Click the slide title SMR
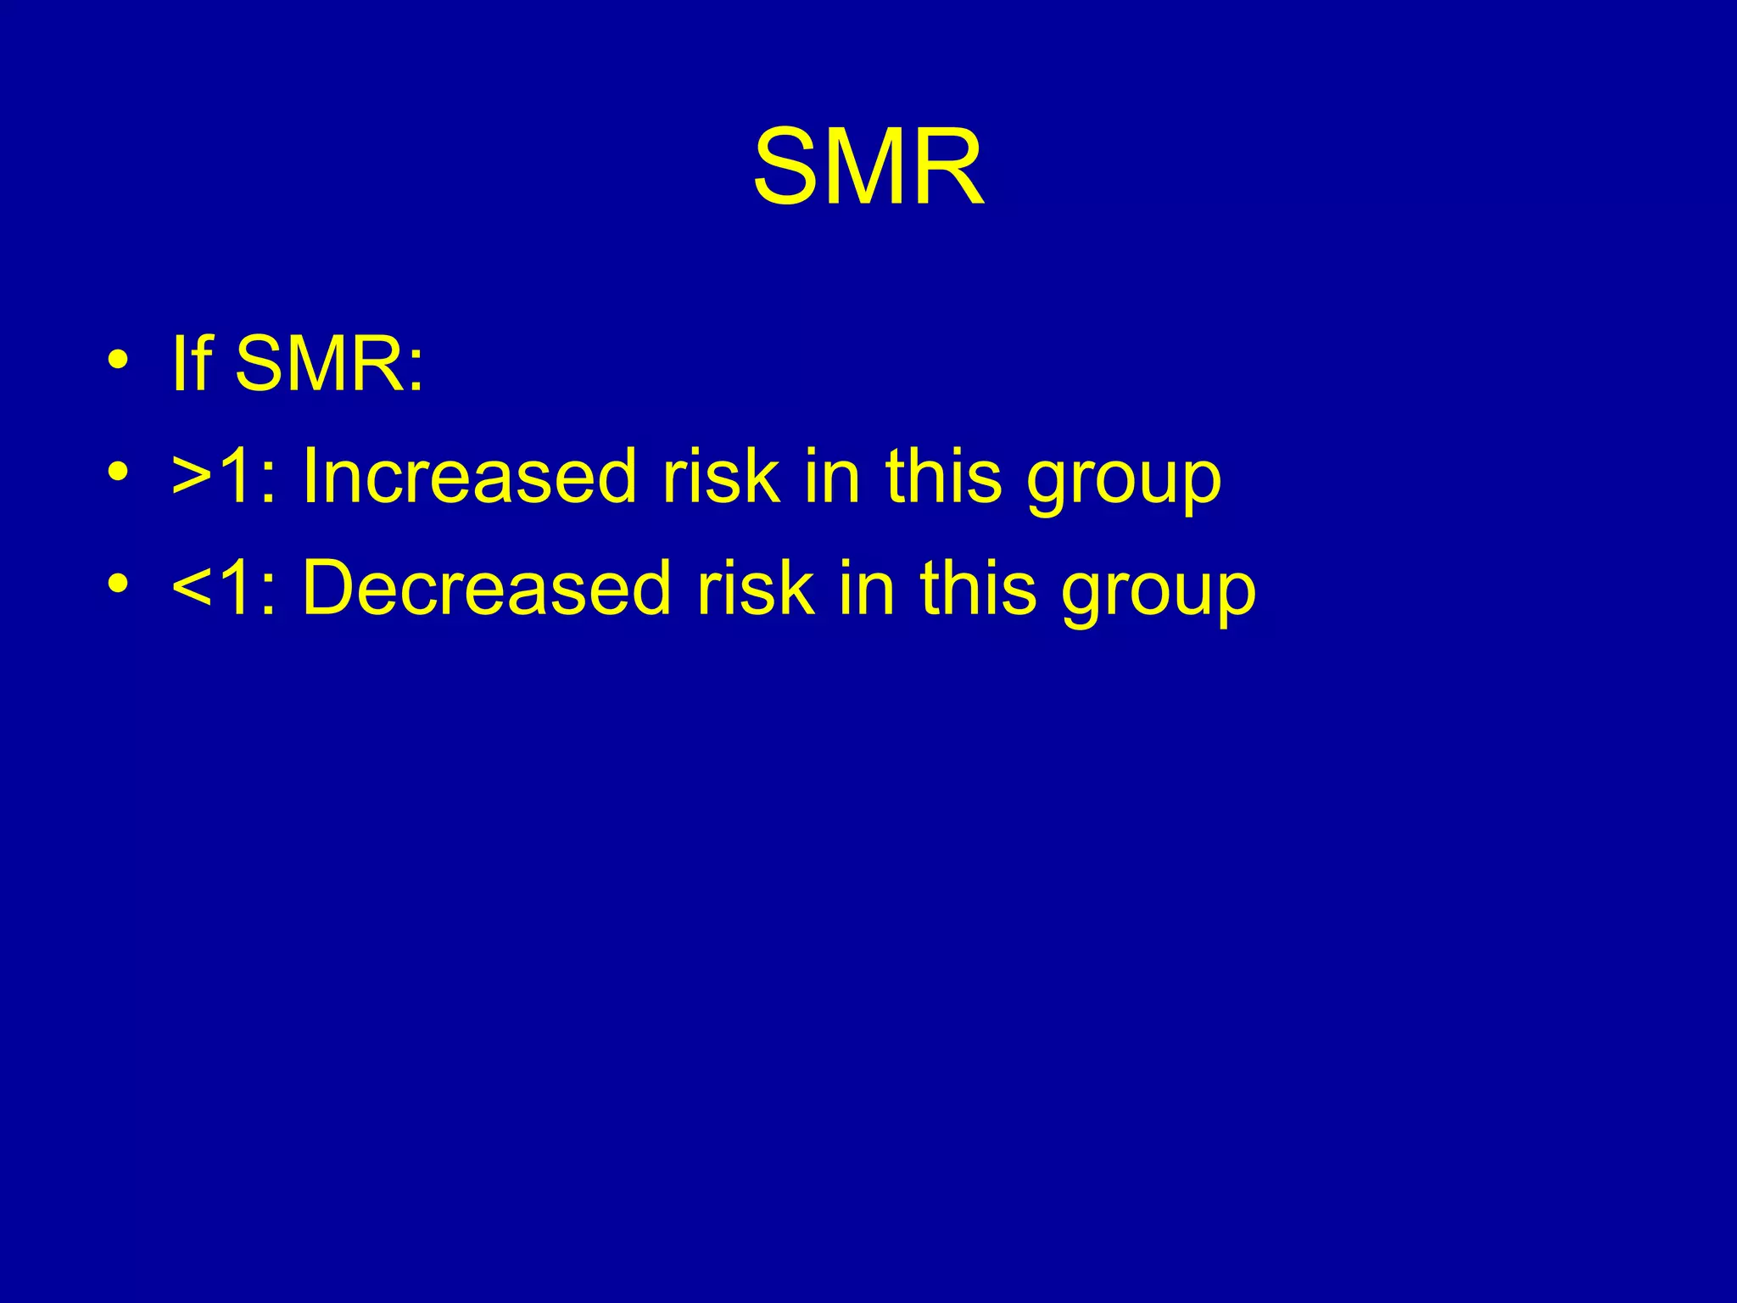coord(868,167)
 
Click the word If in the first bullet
coord(191,364)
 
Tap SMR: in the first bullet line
coord(329,364)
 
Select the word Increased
coord(469,476)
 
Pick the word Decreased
coord(486,588)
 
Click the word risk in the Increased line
coord(720,476)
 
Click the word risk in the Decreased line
coord(754,588)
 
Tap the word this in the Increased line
coord(943,476)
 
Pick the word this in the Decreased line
coord(977,588)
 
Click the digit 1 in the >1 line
coord(237,476)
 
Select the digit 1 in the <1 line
coord(237,588)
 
